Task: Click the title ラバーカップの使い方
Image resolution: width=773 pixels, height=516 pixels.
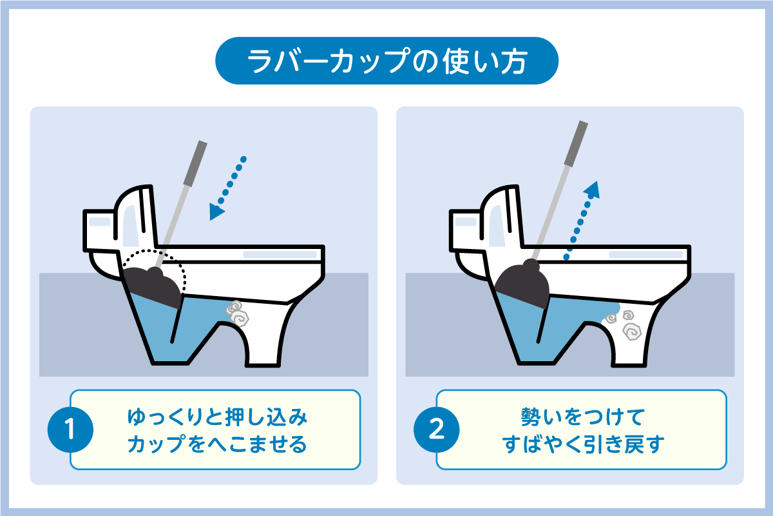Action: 387,61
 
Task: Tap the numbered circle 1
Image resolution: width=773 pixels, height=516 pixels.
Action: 70,430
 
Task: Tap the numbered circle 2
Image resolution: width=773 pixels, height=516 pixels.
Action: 437,430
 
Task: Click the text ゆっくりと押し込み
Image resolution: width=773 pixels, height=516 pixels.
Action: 218,417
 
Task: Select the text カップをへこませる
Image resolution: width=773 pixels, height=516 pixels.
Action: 218,444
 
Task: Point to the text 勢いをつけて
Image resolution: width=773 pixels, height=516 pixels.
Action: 583,417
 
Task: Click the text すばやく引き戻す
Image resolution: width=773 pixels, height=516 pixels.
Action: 583,444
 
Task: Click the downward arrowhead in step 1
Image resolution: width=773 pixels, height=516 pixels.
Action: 216,211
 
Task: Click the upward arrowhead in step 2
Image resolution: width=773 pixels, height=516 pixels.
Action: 593,190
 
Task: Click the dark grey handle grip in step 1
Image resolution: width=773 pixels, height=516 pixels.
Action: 195,163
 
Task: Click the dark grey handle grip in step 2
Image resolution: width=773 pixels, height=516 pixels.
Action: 576,143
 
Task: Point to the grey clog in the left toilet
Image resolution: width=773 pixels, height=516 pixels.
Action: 238,313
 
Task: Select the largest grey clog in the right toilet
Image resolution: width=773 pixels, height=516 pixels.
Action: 632,332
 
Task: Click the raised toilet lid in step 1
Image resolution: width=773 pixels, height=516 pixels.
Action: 137,217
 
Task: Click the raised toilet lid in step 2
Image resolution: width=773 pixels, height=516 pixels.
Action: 502,217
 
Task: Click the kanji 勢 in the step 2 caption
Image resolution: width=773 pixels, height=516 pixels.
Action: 530,417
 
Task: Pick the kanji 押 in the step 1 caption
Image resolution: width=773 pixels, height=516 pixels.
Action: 234,417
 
